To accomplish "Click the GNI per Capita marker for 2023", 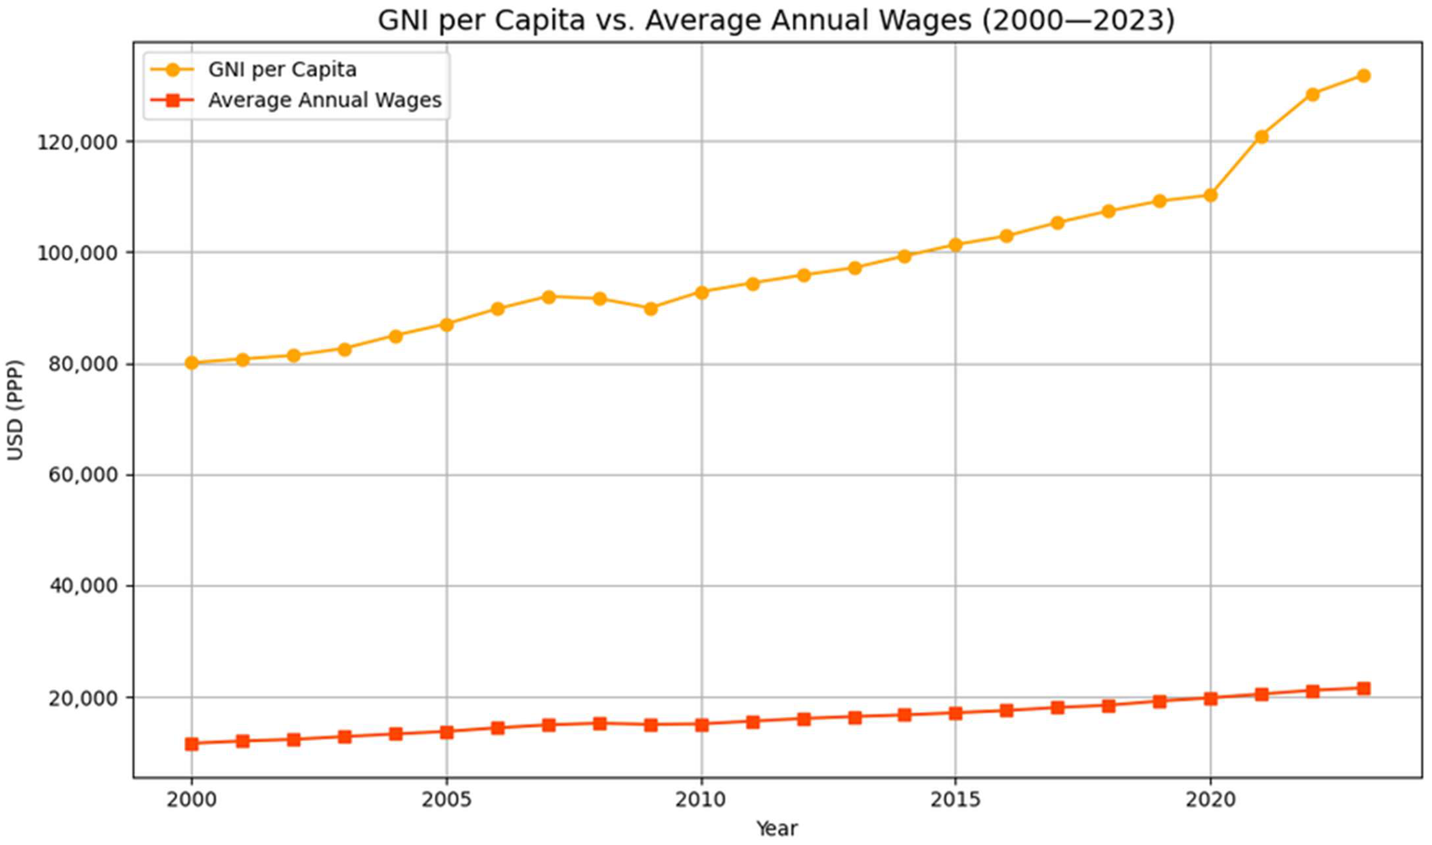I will click(1363, 76).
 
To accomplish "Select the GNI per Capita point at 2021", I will click(1261, 137).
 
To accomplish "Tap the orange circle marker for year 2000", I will click(192, 363).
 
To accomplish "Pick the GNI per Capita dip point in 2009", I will click(651, 309).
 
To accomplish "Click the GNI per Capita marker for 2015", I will click(955, 245).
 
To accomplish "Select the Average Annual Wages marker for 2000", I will click(192, 744).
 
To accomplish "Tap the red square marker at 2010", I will click(702, 725).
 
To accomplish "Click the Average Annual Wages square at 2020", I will click(1210, 698).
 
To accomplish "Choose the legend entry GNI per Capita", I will click(282, 70).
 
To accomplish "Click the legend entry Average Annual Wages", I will click(325, 100).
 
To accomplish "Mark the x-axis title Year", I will click(777, 829).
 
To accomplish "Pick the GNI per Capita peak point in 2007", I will click(549, 297).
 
